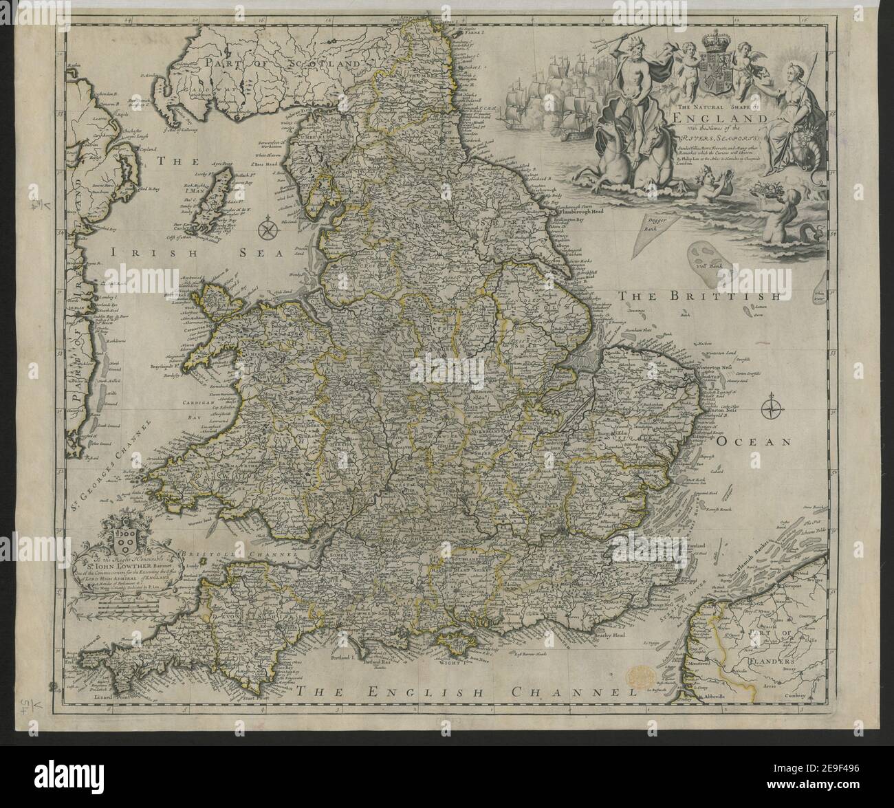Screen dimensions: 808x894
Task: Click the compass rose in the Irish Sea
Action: click(x=268, y=228)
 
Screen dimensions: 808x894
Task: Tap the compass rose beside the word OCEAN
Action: click(x=771, y=407)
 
